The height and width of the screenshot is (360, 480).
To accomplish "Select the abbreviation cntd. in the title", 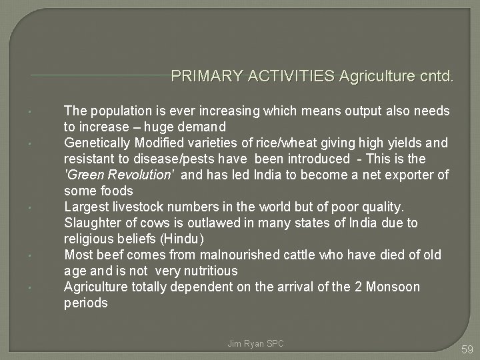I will [435, 77].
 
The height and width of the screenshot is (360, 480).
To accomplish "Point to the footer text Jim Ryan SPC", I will [255, 343].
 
